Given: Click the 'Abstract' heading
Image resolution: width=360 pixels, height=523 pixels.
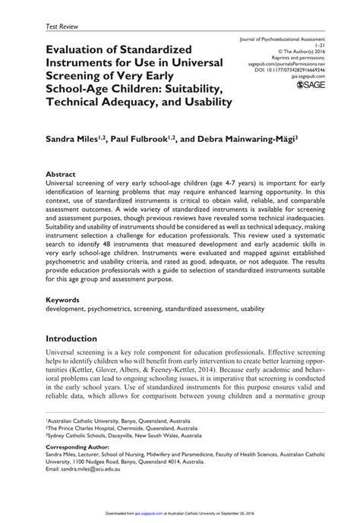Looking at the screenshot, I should point(61,173).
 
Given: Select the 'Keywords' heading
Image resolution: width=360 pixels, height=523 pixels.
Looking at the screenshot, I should point(63,300).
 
